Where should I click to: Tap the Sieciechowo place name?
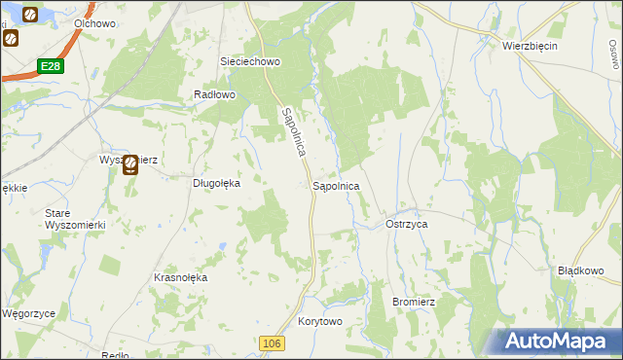point(250,61)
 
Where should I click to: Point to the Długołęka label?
point(215,181)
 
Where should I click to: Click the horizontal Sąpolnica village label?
point(337,185)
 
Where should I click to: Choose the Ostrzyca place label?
point(407,224)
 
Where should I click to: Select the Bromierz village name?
point(413,303)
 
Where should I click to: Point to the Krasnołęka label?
point(181,277)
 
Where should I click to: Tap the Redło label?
point(115,355)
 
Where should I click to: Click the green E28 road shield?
point(52,66)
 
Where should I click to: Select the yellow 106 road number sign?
point(273,343)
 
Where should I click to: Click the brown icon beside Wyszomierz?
point(130,166)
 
